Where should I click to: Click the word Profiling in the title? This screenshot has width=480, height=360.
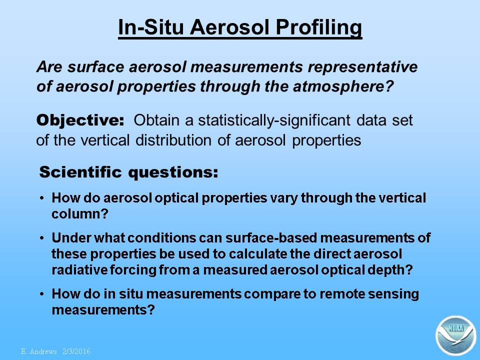pyautogui.click(x=318, y=28)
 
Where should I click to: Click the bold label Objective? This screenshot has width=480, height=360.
pyautogui.click(x=80, y=120)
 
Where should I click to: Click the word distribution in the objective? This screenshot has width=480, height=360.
pyautogui.click(x=173, y=140)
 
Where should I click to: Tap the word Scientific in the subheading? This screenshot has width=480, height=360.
pyautogui.click(x=80, y=171)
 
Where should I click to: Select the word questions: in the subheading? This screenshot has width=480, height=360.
pyautogui.click(x=173, y=172)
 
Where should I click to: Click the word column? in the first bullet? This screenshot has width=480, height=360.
pyautogui.click(x=80, y=213)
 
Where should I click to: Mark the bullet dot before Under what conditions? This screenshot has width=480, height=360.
pyautogui.click(x=42, y=238)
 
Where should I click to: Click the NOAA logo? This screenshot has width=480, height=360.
pyautogui.click(x=456, y=335)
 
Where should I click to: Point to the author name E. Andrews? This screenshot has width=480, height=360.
pyautogui.click(x=39, y=351)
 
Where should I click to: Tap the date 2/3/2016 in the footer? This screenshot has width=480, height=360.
pyautogui.click(x=76, y=351)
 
